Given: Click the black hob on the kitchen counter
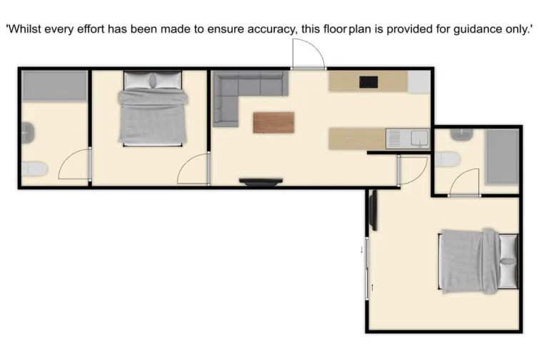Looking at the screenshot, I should pos(368,81).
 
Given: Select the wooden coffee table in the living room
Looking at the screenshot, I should pos(273,123).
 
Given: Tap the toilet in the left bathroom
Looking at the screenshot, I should pos(33,169).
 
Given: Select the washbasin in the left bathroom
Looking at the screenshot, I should pos(27,131).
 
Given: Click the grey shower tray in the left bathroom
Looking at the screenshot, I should pos(54,86).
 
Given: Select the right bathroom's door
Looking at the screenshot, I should pos(465,182).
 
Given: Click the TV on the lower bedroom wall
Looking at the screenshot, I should pos(372,211).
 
